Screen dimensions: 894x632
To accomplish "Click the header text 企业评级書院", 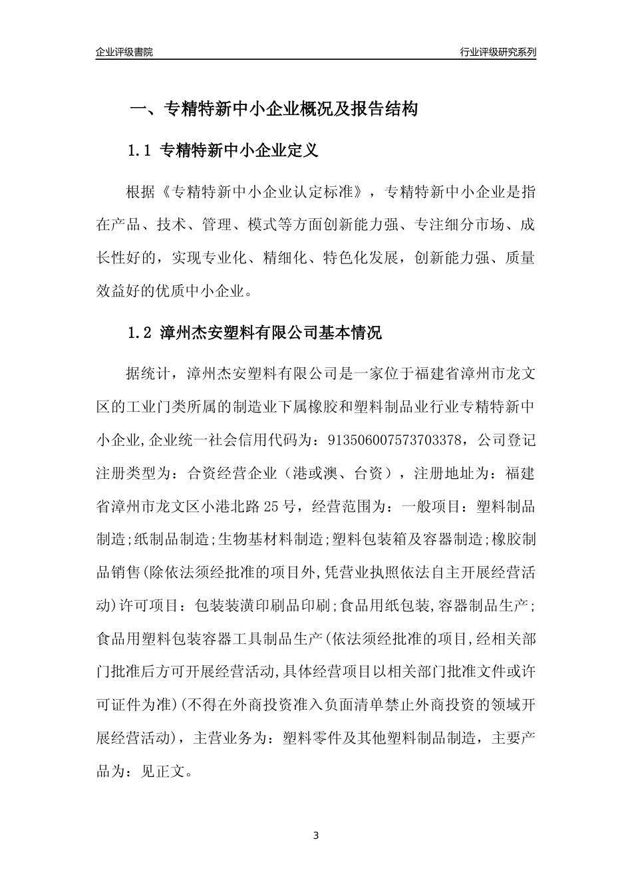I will pyautogui.click(x=124, y=52).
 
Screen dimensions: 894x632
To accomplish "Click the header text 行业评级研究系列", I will pyautogui.click(x=498, y=52).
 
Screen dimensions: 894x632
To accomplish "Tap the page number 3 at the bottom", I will pyautogui.click(x=316, y=835).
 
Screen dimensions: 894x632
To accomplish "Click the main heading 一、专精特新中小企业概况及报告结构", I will pyautogui.click(x=273, y=109).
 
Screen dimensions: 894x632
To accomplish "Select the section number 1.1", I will pyautogui.click(x=140, y=151).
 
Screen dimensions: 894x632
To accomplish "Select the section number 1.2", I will pyautogui.click(x=140, y=333).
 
